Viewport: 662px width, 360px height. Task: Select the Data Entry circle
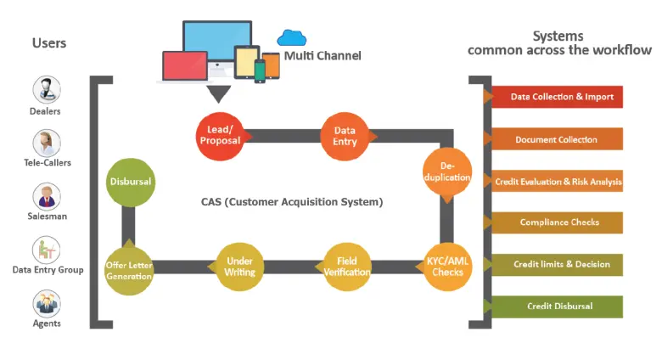[344, 136]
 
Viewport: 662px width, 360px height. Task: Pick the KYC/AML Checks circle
[447, 266]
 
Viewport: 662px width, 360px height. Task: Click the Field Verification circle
[346, 266]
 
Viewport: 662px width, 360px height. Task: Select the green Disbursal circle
[132, 181]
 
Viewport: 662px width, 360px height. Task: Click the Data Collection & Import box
[558, 97]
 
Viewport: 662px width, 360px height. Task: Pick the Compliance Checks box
[558, 222]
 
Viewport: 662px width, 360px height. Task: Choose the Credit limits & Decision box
[558, 264]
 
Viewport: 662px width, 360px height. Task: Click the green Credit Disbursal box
[558, 306]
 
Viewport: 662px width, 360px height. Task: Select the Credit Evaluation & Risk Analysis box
[558, 181]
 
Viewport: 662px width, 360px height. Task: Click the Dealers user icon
[45, 89]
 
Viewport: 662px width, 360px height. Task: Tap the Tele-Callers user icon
[45, 142]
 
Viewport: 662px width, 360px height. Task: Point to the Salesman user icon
[45, 195]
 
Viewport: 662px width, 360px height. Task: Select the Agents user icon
[45, 302]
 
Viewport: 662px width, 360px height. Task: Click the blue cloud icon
[291, 37]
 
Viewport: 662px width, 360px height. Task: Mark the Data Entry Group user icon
[45, 249]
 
